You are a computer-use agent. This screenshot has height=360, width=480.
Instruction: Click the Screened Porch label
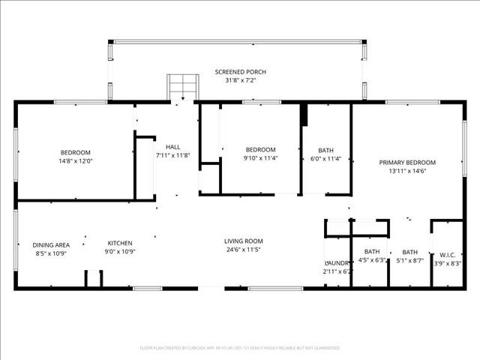[x=241, y=72]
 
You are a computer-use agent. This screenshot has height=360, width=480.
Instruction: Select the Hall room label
[x=173, y=147]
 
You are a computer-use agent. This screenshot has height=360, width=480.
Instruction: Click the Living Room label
[x=244, y=241]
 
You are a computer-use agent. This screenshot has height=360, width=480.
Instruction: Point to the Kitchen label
[x=120, y=243]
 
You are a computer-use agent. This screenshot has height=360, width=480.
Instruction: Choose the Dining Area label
[x=51, y=244]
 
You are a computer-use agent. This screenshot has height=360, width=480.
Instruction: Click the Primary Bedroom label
[x=407, y=162]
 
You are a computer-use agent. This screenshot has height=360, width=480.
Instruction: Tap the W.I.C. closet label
[x=448, y=255]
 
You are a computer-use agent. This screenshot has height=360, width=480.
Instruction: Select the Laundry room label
[x=337, y=262]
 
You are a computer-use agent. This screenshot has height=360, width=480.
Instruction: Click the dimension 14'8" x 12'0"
[x=76, y=160]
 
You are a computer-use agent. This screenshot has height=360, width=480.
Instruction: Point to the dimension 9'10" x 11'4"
[x=260, y=157]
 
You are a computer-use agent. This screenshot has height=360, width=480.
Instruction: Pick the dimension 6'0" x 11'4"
[x=326, y=158]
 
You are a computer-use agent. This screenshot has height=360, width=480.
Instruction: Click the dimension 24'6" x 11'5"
[x=244, y=250]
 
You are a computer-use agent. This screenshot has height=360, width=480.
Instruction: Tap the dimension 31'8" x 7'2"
[x=241, y=80]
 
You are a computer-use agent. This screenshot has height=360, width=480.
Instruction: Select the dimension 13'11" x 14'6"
[x=407, y=171]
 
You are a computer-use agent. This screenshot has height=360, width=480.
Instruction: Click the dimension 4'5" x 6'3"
[x=371, y=260]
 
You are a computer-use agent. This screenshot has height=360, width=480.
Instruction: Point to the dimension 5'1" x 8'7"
[x=409, y=261]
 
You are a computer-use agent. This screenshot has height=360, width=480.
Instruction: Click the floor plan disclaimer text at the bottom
[x=240, y=348]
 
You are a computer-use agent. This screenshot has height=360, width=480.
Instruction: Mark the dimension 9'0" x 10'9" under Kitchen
[x=120, y=252]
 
